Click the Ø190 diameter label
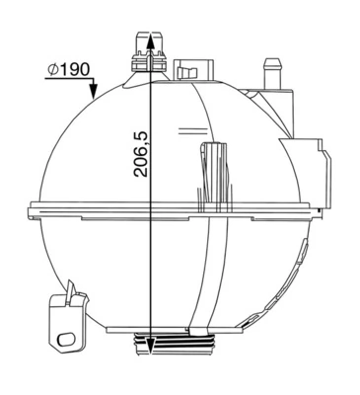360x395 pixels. click(68, 70)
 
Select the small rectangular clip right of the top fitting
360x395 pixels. click(186, 71)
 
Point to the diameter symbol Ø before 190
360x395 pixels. click(50, 70)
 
